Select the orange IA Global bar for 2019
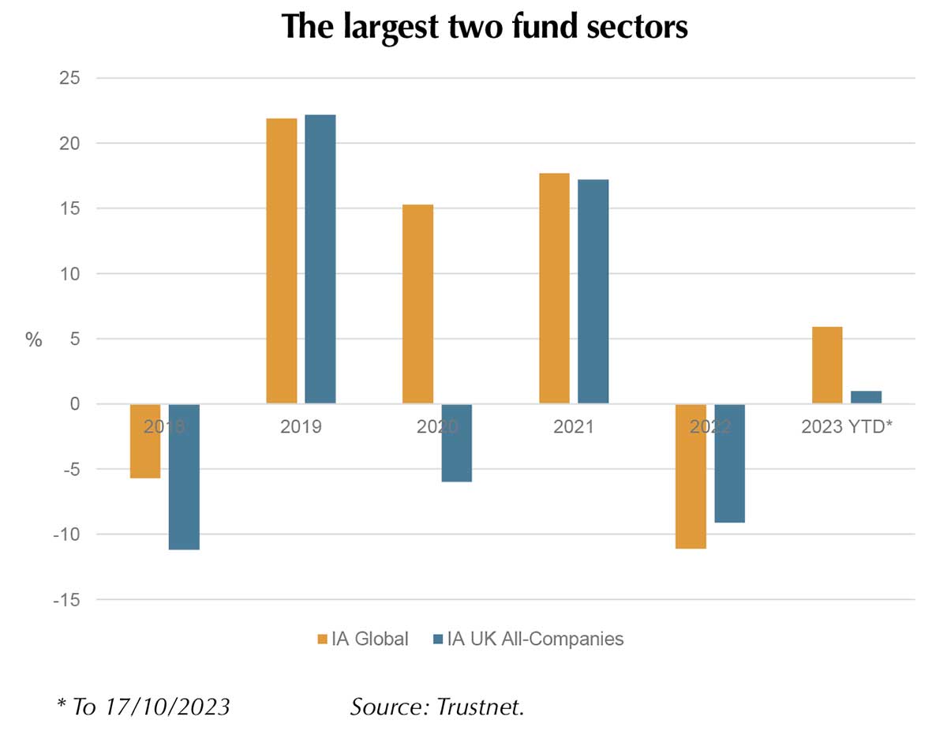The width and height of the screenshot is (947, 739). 281,261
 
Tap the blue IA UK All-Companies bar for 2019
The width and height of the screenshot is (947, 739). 320,259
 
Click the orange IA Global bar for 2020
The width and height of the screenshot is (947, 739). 417,304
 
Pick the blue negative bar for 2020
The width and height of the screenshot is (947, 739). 456,443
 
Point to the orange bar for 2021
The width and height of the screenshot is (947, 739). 554,288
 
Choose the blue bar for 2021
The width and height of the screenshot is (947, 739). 593,291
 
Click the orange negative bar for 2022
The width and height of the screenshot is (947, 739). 691,476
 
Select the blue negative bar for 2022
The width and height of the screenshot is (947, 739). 729,463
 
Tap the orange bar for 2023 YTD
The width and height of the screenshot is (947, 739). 827,365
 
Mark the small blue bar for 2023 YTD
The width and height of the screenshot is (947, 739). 867,397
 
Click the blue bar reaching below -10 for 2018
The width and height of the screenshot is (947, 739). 184,477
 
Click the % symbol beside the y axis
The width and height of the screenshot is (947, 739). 34,340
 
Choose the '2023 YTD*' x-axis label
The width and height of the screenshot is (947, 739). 846,427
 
